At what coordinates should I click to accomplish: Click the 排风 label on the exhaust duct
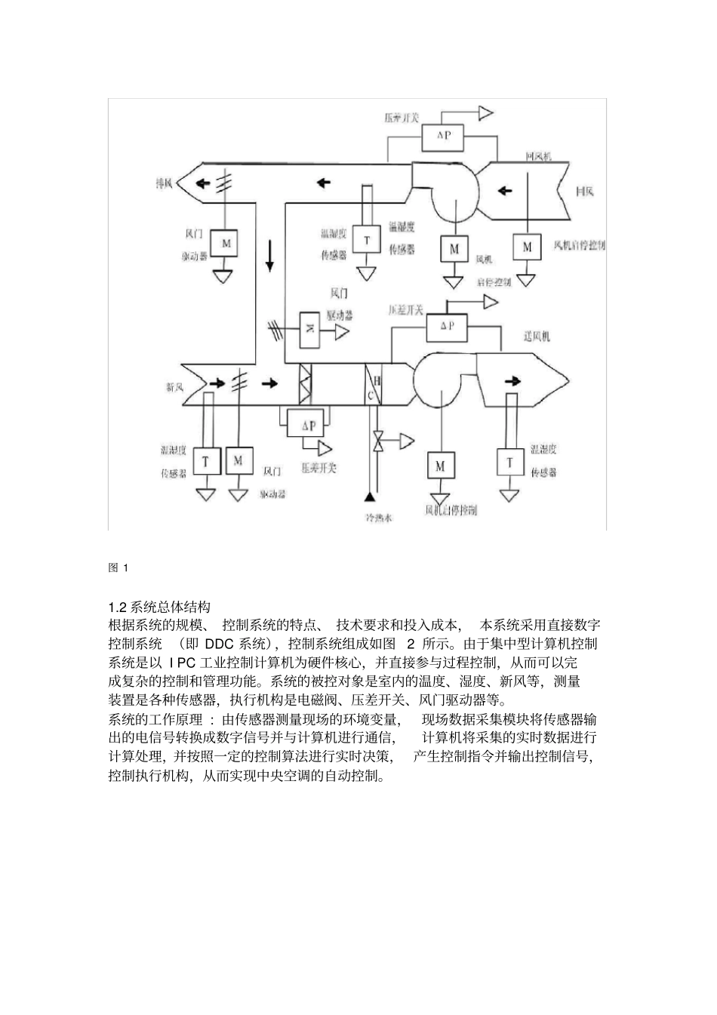click(164, 183)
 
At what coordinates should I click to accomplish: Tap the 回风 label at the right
click(584, 192)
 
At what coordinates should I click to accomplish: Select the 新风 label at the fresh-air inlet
click(176, 387)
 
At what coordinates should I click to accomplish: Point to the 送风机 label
click(537, 336)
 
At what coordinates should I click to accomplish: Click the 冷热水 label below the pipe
click(380, 518)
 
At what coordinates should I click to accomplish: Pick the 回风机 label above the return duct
click(538, 156)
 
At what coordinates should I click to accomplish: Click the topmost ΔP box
click(442, 137)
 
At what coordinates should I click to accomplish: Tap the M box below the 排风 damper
click(224, 243)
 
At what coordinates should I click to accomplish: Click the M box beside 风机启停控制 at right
click(527, 247)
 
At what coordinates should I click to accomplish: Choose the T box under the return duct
click(368, 241)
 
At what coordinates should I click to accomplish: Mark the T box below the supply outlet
click(510, 463)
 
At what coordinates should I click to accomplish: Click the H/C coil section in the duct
click(374, 386)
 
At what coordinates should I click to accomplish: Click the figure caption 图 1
click(119, 568)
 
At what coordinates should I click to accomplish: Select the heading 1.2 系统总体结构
click(158, 607)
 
